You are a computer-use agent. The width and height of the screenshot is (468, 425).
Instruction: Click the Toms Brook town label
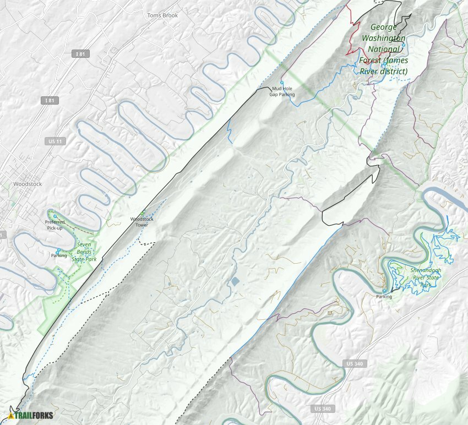point(162,15)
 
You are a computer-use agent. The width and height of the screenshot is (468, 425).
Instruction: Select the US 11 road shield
point(53,141)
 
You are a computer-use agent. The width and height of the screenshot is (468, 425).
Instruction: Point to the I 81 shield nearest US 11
point(50,100)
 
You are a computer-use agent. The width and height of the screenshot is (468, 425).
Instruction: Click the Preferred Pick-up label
point(55,225)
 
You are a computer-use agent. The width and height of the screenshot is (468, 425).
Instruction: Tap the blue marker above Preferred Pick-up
point(55,216)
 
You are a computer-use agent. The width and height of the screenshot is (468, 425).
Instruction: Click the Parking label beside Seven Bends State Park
point(59,255)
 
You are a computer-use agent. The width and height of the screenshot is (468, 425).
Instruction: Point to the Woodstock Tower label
point(142,222)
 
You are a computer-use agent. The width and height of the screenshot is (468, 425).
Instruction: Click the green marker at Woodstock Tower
point(143,214)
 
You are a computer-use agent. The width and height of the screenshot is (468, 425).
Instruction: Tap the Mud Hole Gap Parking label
point(282,91)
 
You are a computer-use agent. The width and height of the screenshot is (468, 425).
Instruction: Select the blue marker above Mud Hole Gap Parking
point(281,83)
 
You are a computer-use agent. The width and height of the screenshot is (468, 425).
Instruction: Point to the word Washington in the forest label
point(384,38)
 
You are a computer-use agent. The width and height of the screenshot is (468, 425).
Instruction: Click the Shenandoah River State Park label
point(426,277)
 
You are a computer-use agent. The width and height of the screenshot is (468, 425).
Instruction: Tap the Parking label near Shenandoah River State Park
point(384,297)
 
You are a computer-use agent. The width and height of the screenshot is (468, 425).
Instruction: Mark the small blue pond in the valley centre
point(235,282)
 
